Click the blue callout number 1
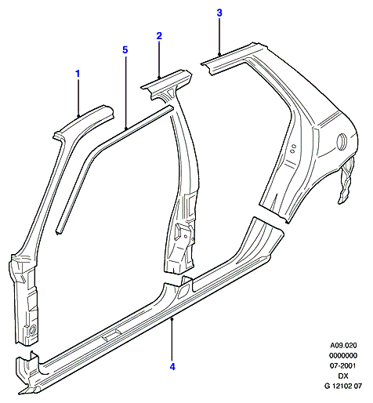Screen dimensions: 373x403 [78, 74]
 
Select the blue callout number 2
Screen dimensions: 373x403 [159, 36]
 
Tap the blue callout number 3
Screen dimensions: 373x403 [219, 13]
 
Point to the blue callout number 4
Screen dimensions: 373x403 [172, 367]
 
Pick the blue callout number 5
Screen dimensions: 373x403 [125, 49]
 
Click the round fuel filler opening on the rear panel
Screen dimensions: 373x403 [342, 141]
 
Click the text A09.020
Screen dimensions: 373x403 [343, 346]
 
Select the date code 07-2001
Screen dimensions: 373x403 [343, 365]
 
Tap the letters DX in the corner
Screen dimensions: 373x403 [343, 376]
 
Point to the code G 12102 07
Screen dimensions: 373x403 [343, 386]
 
